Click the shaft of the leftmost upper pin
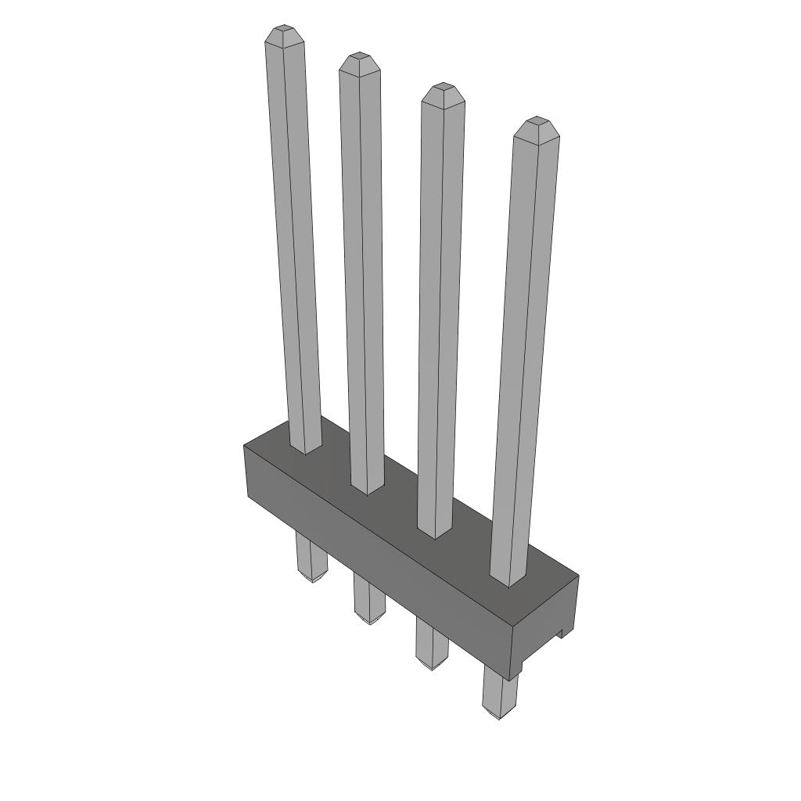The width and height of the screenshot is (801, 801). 293,235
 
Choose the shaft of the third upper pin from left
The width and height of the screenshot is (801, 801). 439,305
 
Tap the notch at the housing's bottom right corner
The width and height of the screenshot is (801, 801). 562,634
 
